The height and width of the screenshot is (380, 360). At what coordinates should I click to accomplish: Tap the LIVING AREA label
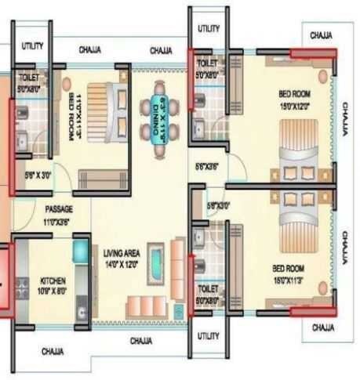click(x=122, y=253)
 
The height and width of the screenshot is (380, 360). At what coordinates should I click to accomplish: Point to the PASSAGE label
click(x=58, y=210)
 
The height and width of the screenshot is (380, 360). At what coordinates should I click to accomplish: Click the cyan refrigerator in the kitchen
click(x=81, y=252)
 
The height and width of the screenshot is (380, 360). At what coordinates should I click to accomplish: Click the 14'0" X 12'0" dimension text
click(x=122, y=264)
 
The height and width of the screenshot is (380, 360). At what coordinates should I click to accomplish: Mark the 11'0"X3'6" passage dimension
click(x=58, y=222)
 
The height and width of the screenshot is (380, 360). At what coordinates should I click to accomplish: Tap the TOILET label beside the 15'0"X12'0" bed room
click(x=207, y=61)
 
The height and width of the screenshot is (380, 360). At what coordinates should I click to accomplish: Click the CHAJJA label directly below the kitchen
click(x=52, y=351)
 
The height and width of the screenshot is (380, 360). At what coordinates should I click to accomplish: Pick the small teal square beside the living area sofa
click(x=179, y=310)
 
